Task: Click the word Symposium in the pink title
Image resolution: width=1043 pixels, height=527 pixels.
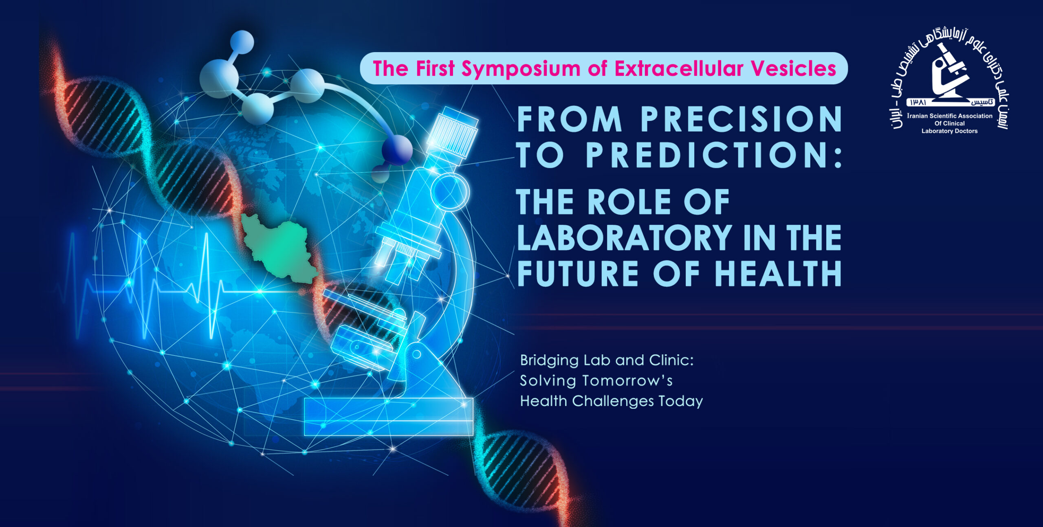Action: pos(521,69)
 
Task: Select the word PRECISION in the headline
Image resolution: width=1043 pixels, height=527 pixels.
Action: pos(741,119)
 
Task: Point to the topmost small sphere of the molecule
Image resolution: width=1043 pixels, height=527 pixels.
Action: pos(242,42)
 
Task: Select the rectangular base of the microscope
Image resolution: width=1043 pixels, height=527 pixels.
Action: pos(389,417)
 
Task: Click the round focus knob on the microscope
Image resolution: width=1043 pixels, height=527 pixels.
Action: pos(450,191)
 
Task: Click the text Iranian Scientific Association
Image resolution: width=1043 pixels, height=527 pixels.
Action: pos(950,116)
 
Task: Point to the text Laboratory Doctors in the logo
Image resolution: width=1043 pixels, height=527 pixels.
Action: pos(950,131)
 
